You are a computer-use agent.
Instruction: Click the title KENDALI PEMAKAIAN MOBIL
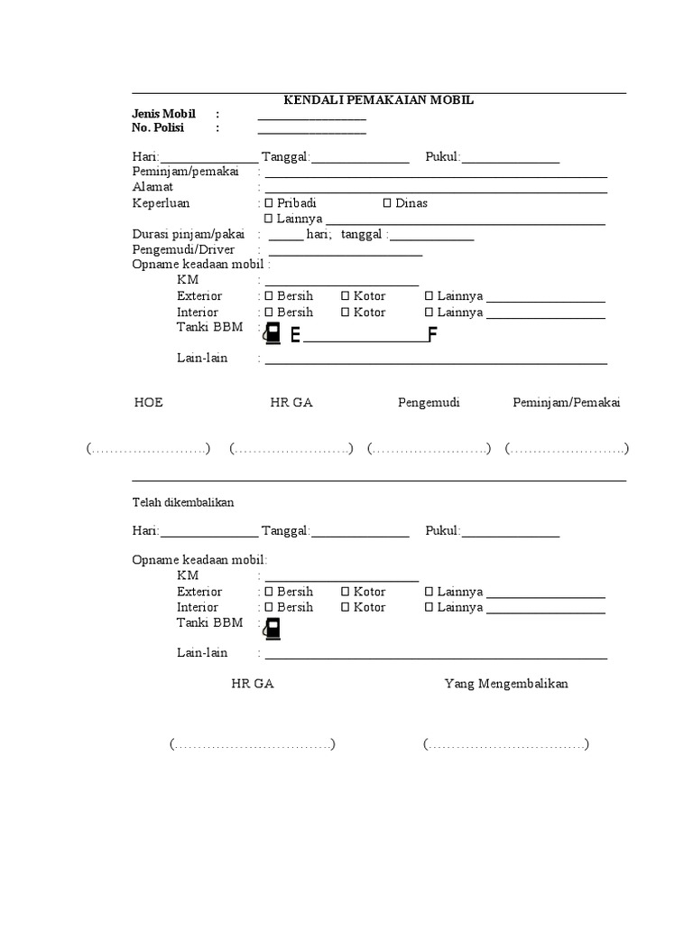click(x=378, y=100)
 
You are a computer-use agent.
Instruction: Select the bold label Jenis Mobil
click(x=164, y=115)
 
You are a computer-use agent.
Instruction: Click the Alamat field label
click(x=152, y=187)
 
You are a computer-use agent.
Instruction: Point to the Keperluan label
click(x=162, y=203)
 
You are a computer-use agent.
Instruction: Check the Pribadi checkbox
click(x=268, y=203)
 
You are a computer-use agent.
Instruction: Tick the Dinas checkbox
click(x=387, y=203)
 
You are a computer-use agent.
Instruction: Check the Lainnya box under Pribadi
click(x=268, y=219)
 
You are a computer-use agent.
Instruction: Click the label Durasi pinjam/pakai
click(x=189, y=234)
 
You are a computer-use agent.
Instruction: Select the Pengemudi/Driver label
click(x=183, y=249)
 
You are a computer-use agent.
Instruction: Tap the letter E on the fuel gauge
click(x=295, y=336)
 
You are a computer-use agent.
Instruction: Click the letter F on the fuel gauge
click(x=432, y=336)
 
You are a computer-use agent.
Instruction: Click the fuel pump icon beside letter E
click(x=272, y=333)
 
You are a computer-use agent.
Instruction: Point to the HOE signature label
click(x=149, y=403)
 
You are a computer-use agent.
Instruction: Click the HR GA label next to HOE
click(x=291, y=403)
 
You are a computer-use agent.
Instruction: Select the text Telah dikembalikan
click(x=183, y=502)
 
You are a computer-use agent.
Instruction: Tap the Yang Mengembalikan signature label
click(x=506, y=684)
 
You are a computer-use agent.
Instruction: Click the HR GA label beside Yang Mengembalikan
click(x=253, y=684)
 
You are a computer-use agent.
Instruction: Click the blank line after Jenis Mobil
click(x=311, y=118)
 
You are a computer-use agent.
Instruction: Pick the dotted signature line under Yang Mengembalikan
click(x=506, y=745)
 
